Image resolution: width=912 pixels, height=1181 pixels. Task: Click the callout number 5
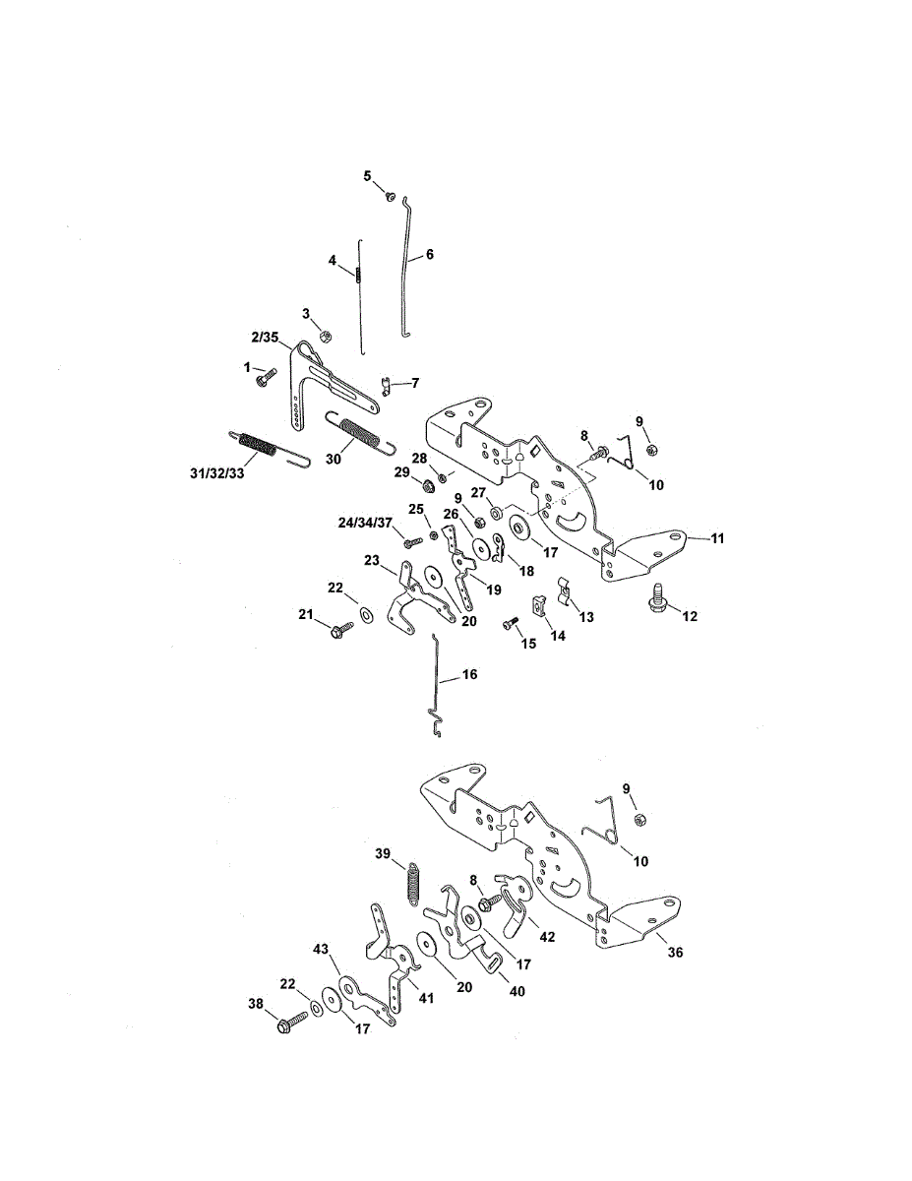(368, 176)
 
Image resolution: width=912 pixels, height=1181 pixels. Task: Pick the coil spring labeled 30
(360, 434)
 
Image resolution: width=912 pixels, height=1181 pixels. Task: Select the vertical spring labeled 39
(414, 879)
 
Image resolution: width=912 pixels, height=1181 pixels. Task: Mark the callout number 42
(548, 937)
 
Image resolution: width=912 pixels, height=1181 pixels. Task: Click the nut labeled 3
(326, 336)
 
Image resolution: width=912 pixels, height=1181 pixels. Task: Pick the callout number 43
(320, 949)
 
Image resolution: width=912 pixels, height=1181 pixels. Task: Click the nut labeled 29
(428, 485)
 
